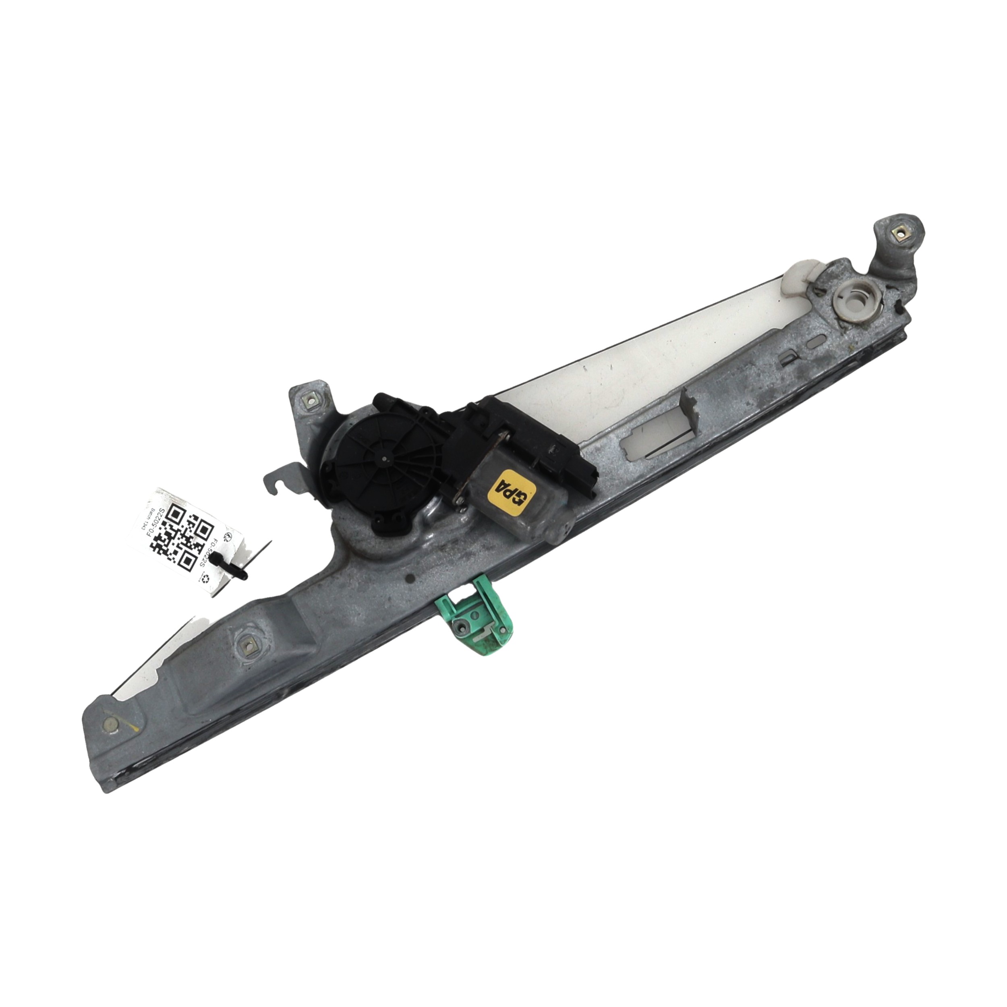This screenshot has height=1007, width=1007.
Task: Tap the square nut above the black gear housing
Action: point(309,401)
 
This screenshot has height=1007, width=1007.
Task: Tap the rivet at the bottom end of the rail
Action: point(110,723)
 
